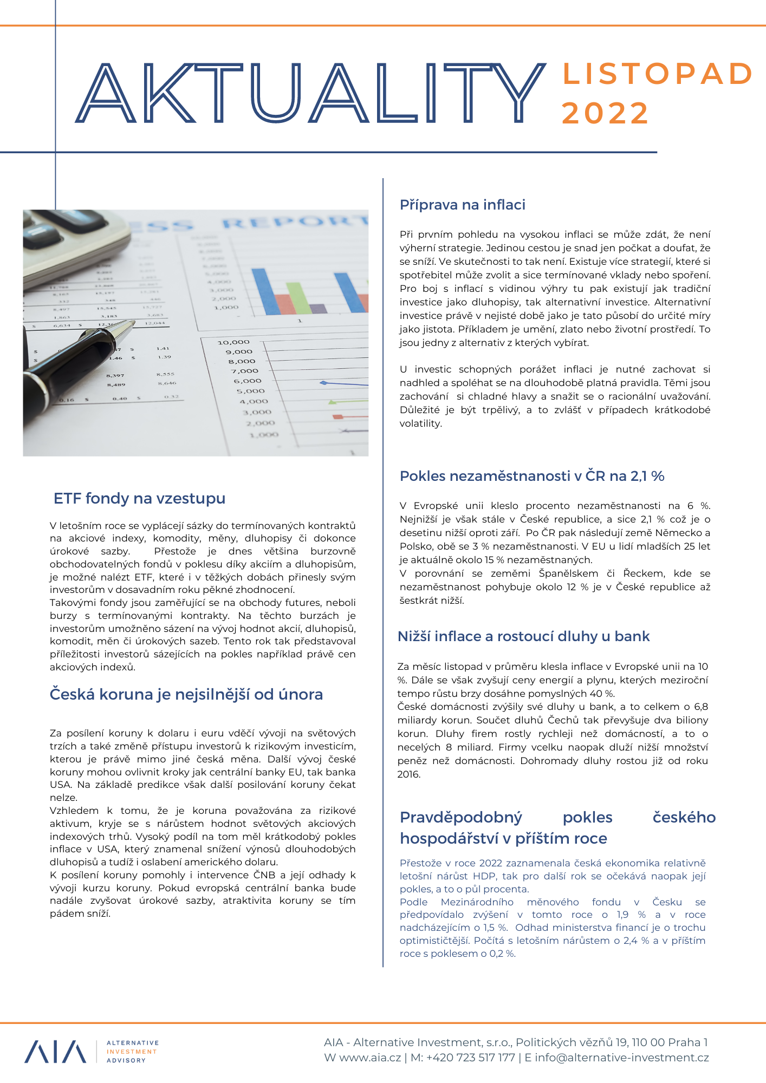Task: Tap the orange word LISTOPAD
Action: click(x=657, y=74)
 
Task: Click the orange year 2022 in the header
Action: click(x=605, y=113)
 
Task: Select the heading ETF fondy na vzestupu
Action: click(x=139, y=498)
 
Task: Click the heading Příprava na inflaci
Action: click(x=462, y=205)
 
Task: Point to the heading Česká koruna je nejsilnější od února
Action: click(x=186, y=694)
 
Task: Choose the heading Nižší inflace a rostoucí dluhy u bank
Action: click(x=523, y=636)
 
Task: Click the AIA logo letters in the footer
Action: click(x=55, y=1052)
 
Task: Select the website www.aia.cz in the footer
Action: click(x=370, y=1058)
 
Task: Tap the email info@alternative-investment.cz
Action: click(x=621, y=1058)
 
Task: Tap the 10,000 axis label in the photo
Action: click(x=233, y=342)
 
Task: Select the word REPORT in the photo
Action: click(x=295, y=222)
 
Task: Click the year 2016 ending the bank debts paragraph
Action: click(x=409, y=774)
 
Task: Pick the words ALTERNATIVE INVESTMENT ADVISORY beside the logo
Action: click(x=132, y=1052)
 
